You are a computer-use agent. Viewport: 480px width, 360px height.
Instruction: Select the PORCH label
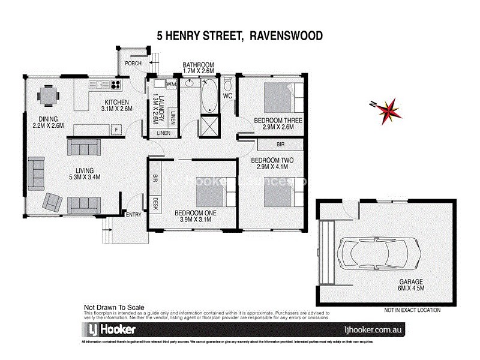tap(133, 63)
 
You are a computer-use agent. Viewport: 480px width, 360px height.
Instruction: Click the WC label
tap(227, 96)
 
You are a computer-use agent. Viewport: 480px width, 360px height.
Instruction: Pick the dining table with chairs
tap(46, 95)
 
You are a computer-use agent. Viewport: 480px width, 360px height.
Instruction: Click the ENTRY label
tap(133, 214)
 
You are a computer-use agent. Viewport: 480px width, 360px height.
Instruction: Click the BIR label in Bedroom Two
tap(280, 145)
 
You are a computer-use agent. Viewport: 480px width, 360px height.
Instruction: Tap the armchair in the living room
tap(52, 203)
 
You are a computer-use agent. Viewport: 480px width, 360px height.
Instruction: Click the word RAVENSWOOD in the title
tap(286, 35)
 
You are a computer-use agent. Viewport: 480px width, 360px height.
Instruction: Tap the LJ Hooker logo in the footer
tap(110, 329)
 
